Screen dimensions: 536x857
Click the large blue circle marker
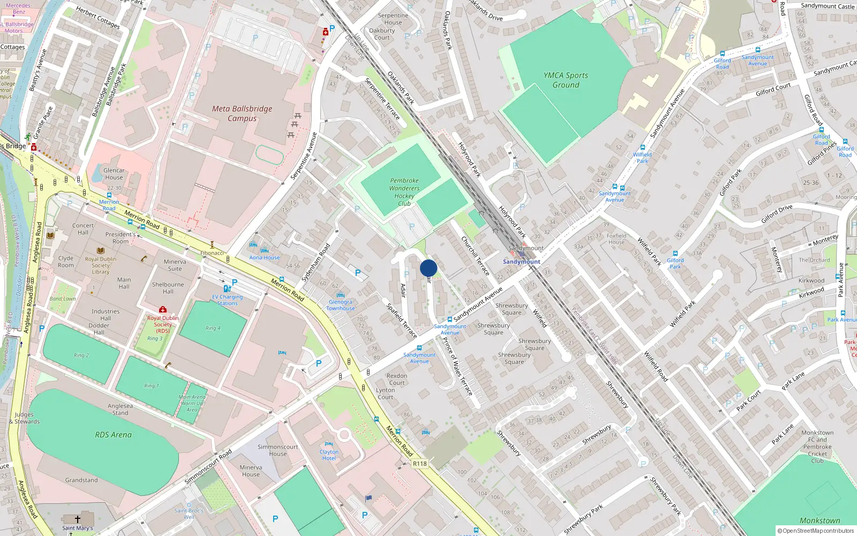click(x=428, y=268)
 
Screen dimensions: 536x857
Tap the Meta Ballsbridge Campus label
click(x=242, y=114)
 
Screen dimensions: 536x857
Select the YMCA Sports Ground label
click(x=566, y=80)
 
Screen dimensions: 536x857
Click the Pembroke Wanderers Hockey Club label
click(x=404, y=192)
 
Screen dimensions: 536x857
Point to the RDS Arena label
click(x=113, y=435)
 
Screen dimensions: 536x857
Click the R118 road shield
click(x=420, y=464)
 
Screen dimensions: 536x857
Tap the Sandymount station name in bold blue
click(x=521, y=262)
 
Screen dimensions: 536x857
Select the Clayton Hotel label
click(x=329, y=455)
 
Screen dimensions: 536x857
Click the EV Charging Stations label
click(x=227, y=300)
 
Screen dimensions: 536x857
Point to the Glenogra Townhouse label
click(x=341, y=305)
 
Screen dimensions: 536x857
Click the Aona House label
click(x=264, y=257)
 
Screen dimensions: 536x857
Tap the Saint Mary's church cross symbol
click(x=78, y=519)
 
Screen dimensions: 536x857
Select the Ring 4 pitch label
click(x=213, y=328)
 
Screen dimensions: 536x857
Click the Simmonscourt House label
click(x=277, y=450)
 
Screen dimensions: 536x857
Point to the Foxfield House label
click(x=617, y=239)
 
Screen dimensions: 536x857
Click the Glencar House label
click(x=114, y=174)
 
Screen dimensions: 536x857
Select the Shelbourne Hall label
click(x=168, y=288)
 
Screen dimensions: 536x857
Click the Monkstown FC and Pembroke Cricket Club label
click(x=817, y=446)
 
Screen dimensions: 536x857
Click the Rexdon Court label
click(x=397, y=379)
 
